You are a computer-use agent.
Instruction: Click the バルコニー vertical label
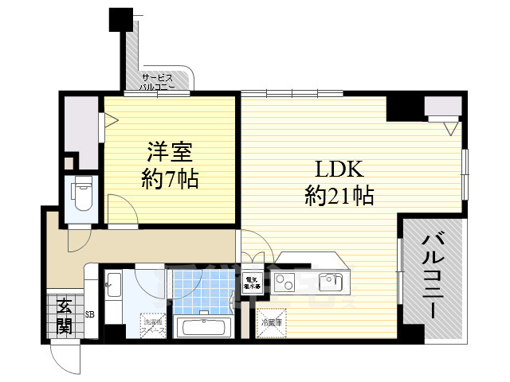point(432,275)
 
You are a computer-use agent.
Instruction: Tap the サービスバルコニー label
point(159,82)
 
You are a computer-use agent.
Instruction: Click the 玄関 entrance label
point(63,315)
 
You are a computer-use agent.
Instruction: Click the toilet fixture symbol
point(82,194)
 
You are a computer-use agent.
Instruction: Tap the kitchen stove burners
point(285,280)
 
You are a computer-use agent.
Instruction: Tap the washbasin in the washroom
point(112,283)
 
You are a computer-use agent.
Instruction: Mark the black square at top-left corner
point(120,18)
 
